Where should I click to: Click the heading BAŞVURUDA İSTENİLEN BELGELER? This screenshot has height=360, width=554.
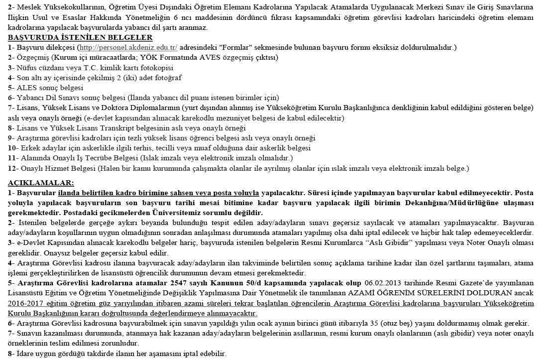click(80, 37)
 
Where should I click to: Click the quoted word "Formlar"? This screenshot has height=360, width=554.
click(216, 47)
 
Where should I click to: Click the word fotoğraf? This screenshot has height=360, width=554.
click(167, 78)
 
